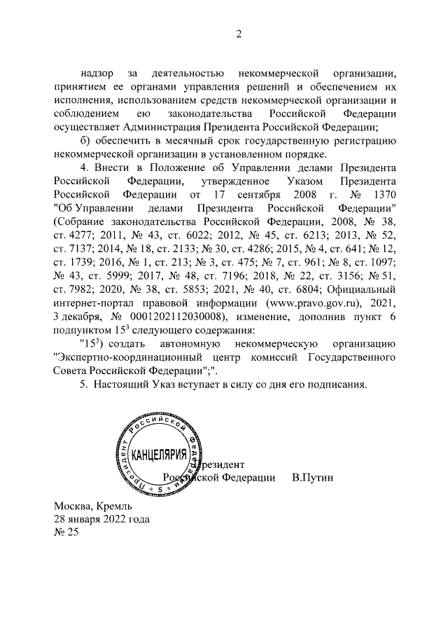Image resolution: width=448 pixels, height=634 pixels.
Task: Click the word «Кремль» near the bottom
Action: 111,506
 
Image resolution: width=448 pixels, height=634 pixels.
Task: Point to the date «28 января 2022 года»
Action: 101,519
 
